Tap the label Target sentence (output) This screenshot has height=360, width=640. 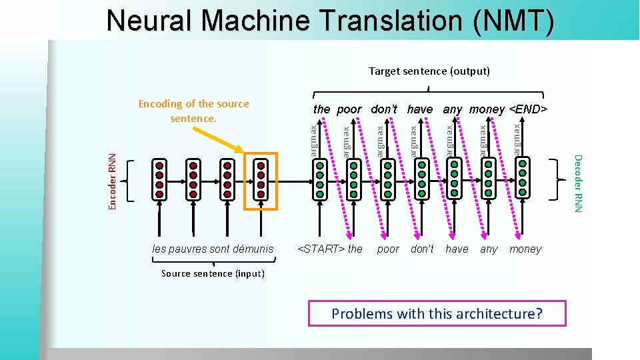(429, 71)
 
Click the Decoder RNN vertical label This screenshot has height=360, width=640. (578, 184)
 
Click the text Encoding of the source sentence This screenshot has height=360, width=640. (193, 111)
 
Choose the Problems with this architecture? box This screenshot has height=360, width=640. (437, 313)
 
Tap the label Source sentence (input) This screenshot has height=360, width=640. (213, 273)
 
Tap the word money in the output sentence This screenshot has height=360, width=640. (487, 109)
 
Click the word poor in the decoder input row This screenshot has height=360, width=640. (388, 249)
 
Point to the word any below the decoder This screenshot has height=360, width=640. (489, 249)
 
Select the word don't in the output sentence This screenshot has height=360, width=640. (384, 109)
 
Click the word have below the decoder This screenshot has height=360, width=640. (457, 249)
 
